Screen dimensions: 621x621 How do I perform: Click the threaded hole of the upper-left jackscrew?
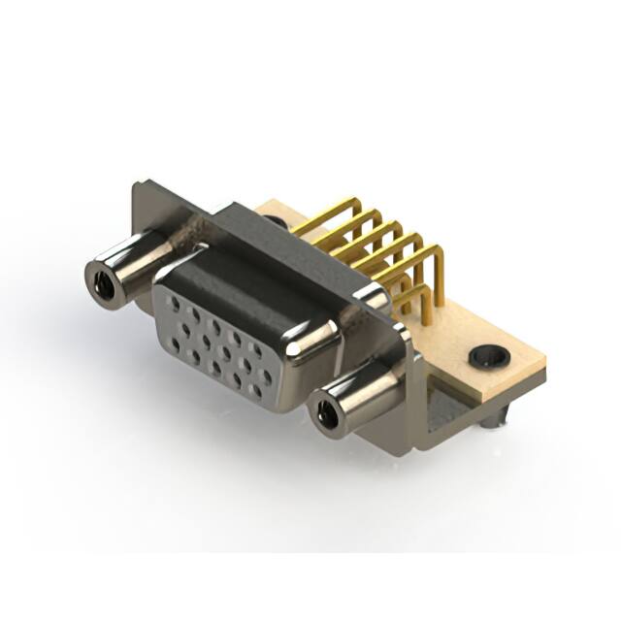(100, 282)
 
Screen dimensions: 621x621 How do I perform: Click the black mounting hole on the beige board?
(485, 356)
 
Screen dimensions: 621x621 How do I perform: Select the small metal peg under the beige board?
(496, 418)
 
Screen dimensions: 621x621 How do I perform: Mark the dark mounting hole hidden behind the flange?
(278, 222)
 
